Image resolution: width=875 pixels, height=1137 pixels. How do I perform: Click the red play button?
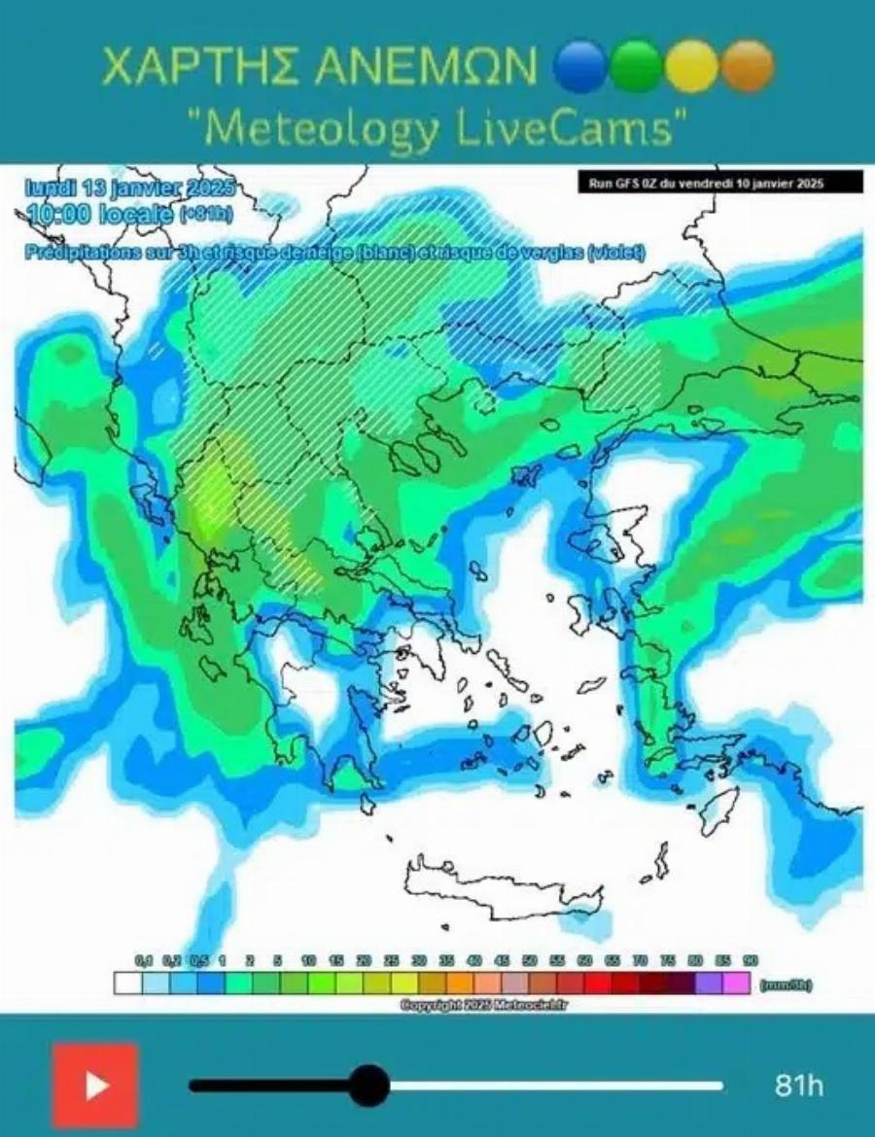coord(95,1085)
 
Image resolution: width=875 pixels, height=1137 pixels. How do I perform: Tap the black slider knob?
coord(368,1085)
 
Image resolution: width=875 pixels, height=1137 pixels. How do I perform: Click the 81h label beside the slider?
coord(799,1085)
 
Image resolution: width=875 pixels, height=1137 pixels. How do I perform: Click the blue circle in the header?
coord(581,66)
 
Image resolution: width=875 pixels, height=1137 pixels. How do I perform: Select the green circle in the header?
coord(638,66)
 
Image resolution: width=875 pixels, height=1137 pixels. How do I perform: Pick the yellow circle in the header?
coord(692,66)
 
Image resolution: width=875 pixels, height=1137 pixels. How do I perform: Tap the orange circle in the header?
coord(748,66)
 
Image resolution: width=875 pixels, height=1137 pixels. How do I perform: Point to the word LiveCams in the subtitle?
coord(586,127)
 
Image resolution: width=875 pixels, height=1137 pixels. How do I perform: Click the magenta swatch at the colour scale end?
coord(736,983)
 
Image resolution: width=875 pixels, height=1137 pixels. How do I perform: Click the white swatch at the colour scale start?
coord(127,983)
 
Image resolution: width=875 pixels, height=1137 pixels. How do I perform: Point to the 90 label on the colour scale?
coord(750,960)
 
